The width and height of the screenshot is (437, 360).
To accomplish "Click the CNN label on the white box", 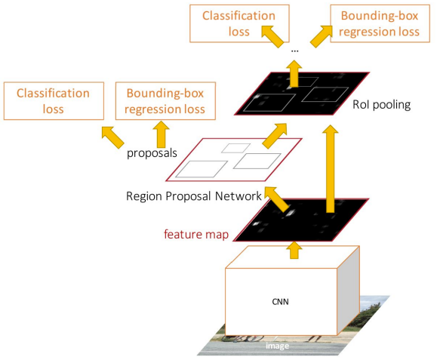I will (x=281, y=301).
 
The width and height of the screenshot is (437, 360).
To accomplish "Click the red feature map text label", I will (x=196, y=233).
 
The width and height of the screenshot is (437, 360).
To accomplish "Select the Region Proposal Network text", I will (x=193, y=196).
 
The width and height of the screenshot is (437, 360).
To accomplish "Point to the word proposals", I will (x=152, y=152).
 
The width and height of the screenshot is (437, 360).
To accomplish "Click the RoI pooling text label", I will (x=380, y=104).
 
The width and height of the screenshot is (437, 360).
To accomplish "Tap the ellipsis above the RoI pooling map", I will (x=294, y=50).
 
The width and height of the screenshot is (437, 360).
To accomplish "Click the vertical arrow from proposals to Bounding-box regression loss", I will (x=160, y=134).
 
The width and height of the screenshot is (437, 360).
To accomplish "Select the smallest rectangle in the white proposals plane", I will (x=235, y=147).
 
